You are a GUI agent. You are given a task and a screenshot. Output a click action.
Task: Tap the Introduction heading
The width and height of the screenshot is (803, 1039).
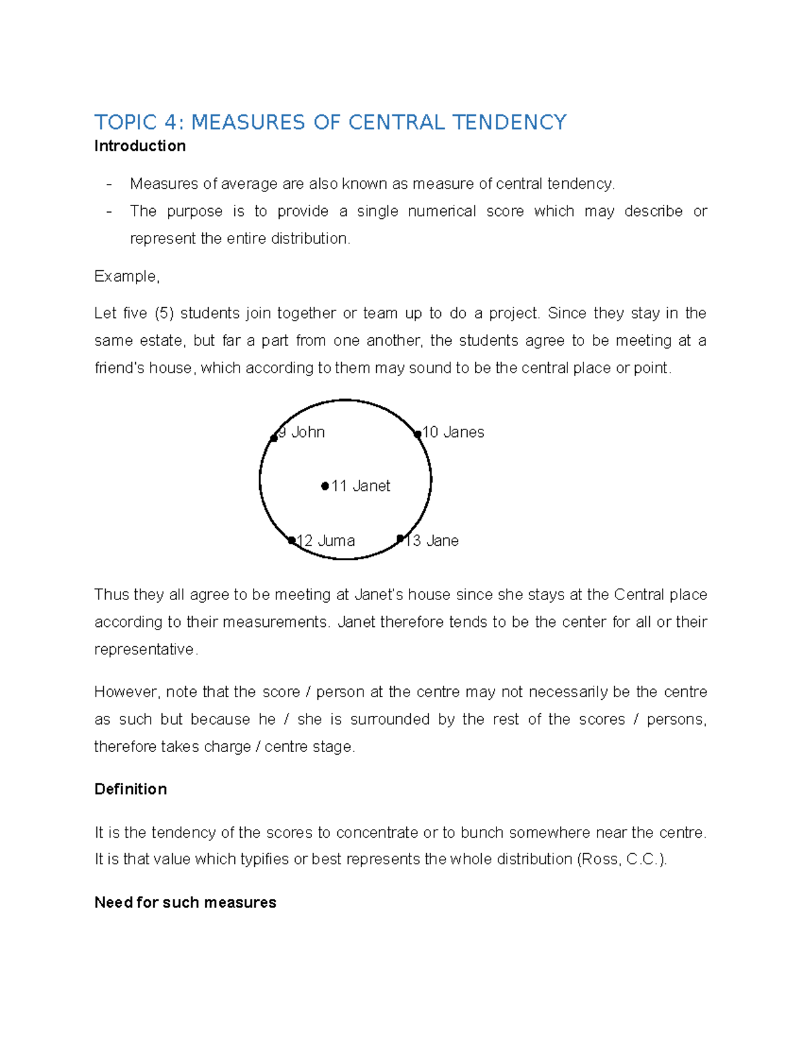[140, 146]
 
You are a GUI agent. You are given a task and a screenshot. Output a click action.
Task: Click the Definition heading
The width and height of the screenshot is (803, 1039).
[130, 789]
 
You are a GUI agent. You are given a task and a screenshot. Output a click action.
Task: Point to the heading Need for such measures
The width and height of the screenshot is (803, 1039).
[185, 903]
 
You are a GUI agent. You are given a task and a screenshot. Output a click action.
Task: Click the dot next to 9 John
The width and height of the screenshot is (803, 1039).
[274, 438]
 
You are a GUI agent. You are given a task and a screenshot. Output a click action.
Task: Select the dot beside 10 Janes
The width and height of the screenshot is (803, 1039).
[418, 434]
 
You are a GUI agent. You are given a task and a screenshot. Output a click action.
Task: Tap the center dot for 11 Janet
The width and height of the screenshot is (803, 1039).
[325, 486]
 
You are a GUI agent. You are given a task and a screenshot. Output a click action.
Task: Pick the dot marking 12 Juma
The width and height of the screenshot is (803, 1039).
[292, 541]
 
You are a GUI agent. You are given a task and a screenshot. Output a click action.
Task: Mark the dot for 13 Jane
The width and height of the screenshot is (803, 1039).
[400, 539]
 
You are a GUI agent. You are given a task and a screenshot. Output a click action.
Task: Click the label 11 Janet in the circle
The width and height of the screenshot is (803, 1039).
[361, 486]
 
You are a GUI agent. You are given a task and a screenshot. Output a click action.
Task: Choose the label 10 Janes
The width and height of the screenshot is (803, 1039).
[453, 433]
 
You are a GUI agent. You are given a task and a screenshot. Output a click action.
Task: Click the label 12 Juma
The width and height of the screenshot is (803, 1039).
[326, 541]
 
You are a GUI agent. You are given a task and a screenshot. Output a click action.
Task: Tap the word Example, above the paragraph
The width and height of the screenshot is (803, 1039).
[126, 276]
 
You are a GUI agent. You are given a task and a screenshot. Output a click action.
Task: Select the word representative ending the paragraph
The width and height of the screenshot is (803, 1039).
[145, 650]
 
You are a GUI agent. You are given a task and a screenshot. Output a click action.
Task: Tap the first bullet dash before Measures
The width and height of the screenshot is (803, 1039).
[109, 184]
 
